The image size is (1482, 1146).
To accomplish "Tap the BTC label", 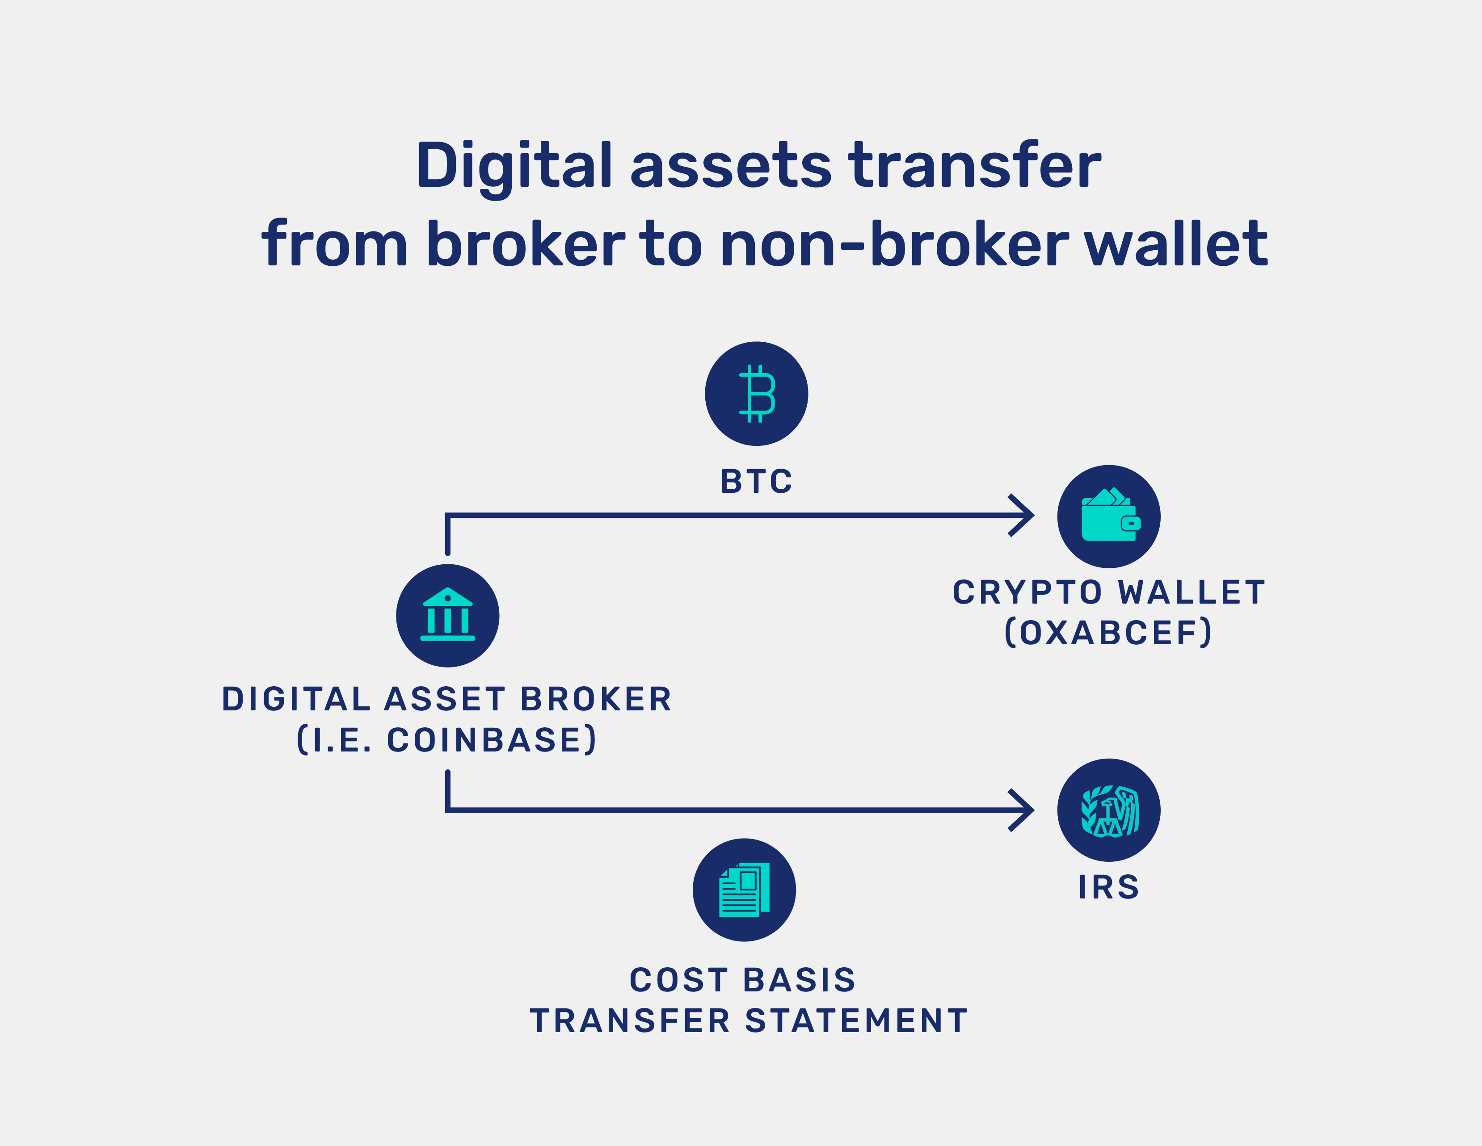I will pyautogui.click(x=756, y=482).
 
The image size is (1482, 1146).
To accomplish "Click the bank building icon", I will pyautogui.click(x=447, y=615).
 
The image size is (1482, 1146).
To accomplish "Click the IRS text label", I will pyautogui.click(x=1109, y=887).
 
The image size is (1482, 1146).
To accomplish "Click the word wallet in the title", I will pyautogui.click(x=1176, y=244).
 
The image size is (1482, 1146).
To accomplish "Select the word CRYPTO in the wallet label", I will pyautogui.click(x=1027, y=592).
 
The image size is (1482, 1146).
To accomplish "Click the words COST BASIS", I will pyautogui.click(x=743, y=980).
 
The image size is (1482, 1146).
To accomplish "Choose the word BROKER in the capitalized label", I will pyautogui.click(x=596, y=700).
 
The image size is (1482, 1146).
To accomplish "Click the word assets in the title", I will pyautogui.click(x=730, y=166).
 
